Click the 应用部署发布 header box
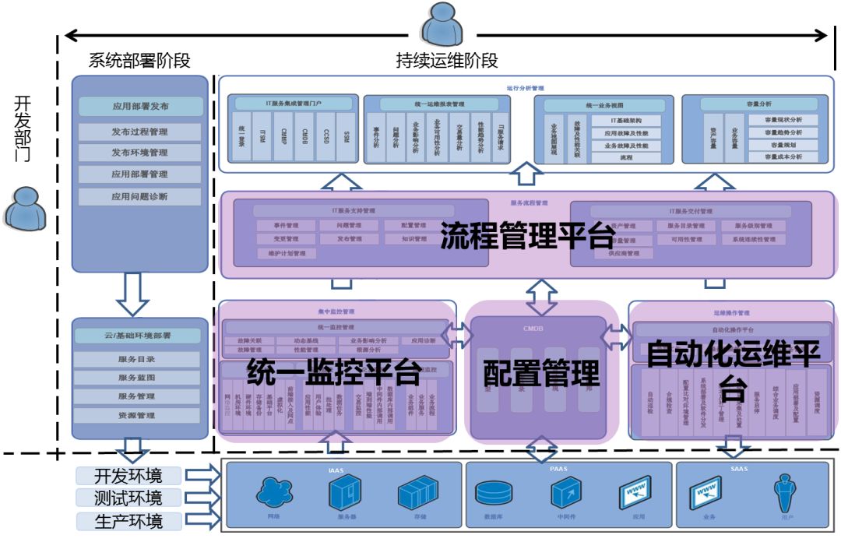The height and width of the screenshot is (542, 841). coord(140,107)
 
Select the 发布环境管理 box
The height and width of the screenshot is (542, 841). coord(140,153)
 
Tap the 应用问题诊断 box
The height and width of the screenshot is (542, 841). coord(140,196)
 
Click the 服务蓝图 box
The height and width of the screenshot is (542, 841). coord(137,378)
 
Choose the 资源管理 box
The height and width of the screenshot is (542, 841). coord(137,415)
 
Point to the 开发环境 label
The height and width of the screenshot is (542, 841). coord(129,476)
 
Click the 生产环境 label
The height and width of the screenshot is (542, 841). coord(129,521)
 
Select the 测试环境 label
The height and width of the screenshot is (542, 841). coord(129,498)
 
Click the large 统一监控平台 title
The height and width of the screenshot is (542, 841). coord(333,372)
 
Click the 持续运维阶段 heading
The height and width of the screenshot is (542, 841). coord(447,60)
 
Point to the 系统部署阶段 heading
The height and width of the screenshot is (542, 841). coord(139,60)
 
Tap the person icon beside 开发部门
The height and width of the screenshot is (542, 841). coord(24,209)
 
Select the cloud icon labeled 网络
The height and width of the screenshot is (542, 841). coord(273,493)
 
